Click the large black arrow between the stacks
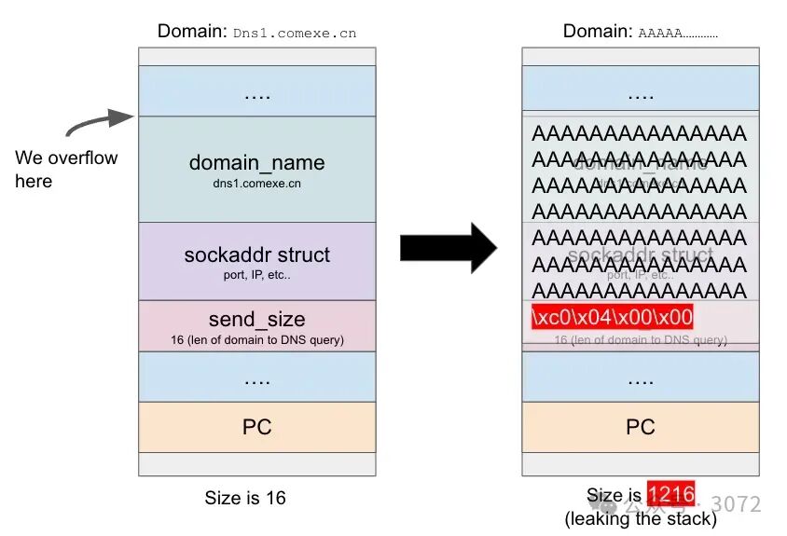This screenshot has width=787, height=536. (x=449, y=247)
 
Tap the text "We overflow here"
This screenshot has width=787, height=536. (x=66, y=169)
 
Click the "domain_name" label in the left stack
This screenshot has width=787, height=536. (x=256, y=162)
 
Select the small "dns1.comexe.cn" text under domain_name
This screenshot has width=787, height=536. (x=256, y=184)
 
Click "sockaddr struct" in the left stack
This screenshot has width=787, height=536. (x=256, y=254)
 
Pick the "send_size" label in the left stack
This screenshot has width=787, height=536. (x=256, y=320)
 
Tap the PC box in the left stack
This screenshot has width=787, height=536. (x=256, y=427)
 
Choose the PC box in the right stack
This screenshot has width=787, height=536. (x=640, y=427)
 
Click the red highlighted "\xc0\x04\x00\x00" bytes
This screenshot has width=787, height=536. (x=612, y=317)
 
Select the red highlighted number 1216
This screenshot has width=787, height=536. (x=670, y=495)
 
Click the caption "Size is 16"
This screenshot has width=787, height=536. (x=245, y=498)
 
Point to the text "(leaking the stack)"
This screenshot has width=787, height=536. (x=641, y=518)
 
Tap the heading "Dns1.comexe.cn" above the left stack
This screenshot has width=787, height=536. (x=295, y=33)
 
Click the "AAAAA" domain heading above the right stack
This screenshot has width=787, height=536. (x=678, y=33)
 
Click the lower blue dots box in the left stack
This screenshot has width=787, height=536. (x=256, y=377)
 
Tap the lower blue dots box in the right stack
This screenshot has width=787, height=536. (x=640, y=377)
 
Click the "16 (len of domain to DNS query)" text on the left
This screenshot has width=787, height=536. (x=256, y=339)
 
